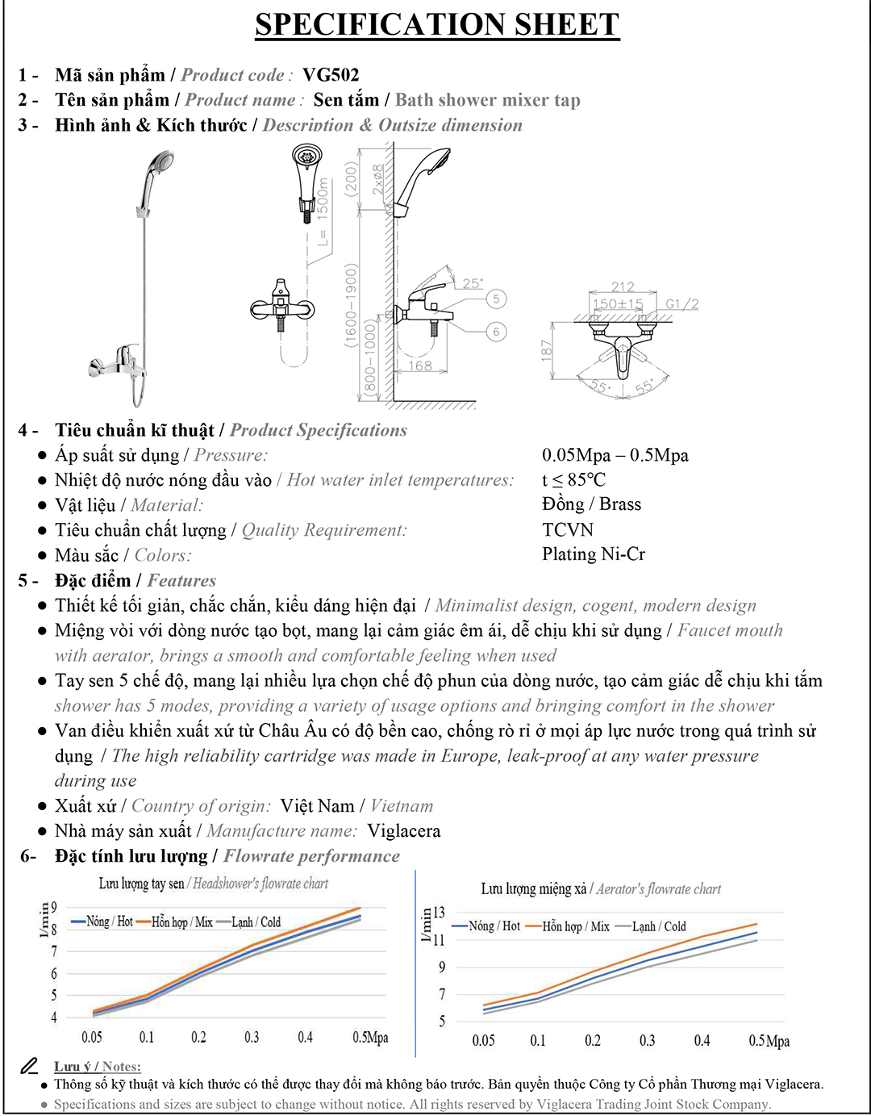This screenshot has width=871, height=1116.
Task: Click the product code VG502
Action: (x=331, y=75)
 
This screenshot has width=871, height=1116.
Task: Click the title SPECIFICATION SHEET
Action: (x=437, y=24)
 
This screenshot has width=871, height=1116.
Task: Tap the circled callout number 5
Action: (x=496, y=299)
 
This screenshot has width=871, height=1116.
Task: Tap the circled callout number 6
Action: (x=496, y=332)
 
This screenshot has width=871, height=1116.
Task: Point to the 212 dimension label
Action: (x=623, y=286)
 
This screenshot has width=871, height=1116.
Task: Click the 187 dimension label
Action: (x=547, y=351)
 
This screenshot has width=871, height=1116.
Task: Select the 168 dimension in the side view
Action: (x=420, y=366)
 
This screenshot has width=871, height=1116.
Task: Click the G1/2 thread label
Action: (x=682, y=304)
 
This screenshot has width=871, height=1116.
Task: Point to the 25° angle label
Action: (x=473, y=283)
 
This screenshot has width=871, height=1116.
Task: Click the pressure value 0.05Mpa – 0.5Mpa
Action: (x=615, y=455)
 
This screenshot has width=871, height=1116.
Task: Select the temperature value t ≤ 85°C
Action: (x=574, y=479)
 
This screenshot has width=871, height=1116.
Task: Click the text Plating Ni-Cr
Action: (x=594, y=554)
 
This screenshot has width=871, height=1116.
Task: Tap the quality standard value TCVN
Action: (x=568, y=529)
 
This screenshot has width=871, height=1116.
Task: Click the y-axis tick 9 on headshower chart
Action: (x=54, y=908)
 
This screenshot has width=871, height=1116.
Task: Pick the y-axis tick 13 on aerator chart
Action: (x=439, y=912)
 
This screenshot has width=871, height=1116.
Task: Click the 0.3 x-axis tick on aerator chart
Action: (x=648, y=1040)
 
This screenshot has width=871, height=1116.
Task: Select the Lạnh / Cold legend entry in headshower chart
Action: (x=249, y=922)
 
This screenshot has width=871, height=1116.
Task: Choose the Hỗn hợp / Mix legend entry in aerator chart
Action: (x=568, y=926)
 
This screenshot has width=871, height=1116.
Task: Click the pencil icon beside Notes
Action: (x=29, y=1066)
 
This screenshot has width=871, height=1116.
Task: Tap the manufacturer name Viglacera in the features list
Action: (x=404, y=831)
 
